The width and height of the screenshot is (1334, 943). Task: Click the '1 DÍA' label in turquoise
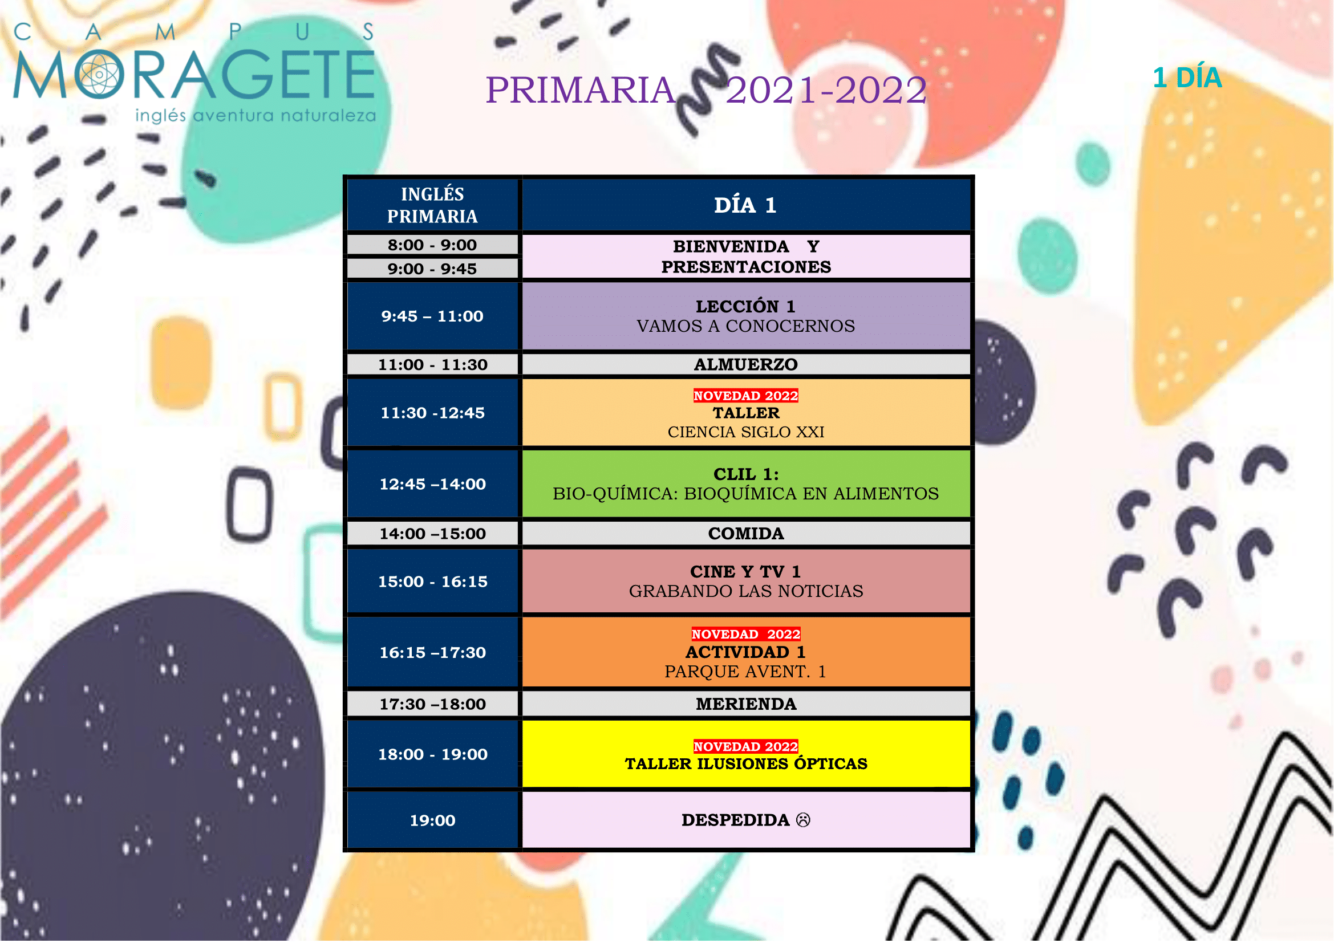tap(1187, 78)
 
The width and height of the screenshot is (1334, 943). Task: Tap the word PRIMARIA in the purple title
tap(581, 90)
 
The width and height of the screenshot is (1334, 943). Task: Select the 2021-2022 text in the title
tap(826, 90)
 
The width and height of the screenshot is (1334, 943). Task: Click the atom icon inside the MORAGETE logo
tap(99, 74)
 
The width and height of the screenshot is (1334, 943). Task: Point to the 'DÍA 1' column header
tap(745, 206)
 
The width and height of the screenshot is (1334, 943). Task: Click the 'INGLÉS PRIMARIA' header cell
tap(433, 205)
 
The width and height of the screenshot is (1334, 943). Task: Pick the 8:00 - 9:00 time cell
tap(433, 245)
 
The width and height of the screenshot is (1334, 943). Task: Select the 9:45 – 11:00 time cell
tap(433, 316)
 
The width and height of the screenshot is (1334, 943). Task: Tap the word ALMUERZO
tap(746, 365)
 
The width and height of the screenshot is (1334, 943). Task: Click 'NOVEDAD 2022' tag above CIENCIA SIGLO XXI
tap(746, 396)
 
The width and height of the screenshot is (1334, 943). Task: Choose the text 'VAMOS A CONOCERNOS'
tap(746, 326)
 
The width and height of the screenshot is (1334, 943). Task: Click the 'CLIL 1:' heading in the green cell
tap(746, 474)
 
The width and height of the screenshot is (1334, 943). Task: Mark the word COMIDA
tap(746, 534)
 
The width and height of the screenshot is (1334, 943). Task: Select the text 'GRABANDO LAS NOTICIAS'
tap(746, 592)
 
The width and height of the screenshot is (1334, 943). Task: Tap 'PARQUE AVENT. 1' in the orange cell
tap(745, 672)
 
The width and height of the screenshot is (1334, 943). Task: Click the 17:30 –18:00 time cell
tap(433, 704)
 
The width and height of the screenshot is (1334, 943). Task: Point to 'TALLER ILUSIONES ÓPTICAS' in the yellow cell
tap(746, 764)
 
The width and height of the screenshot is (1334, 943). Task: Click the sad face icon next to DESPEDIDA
tap(804, 820)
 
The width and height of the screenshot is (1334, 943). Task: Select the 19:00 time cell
tap(433, 820)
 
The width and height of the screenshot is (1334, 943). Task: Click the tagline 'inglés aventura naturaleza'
tap(256, 116)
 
